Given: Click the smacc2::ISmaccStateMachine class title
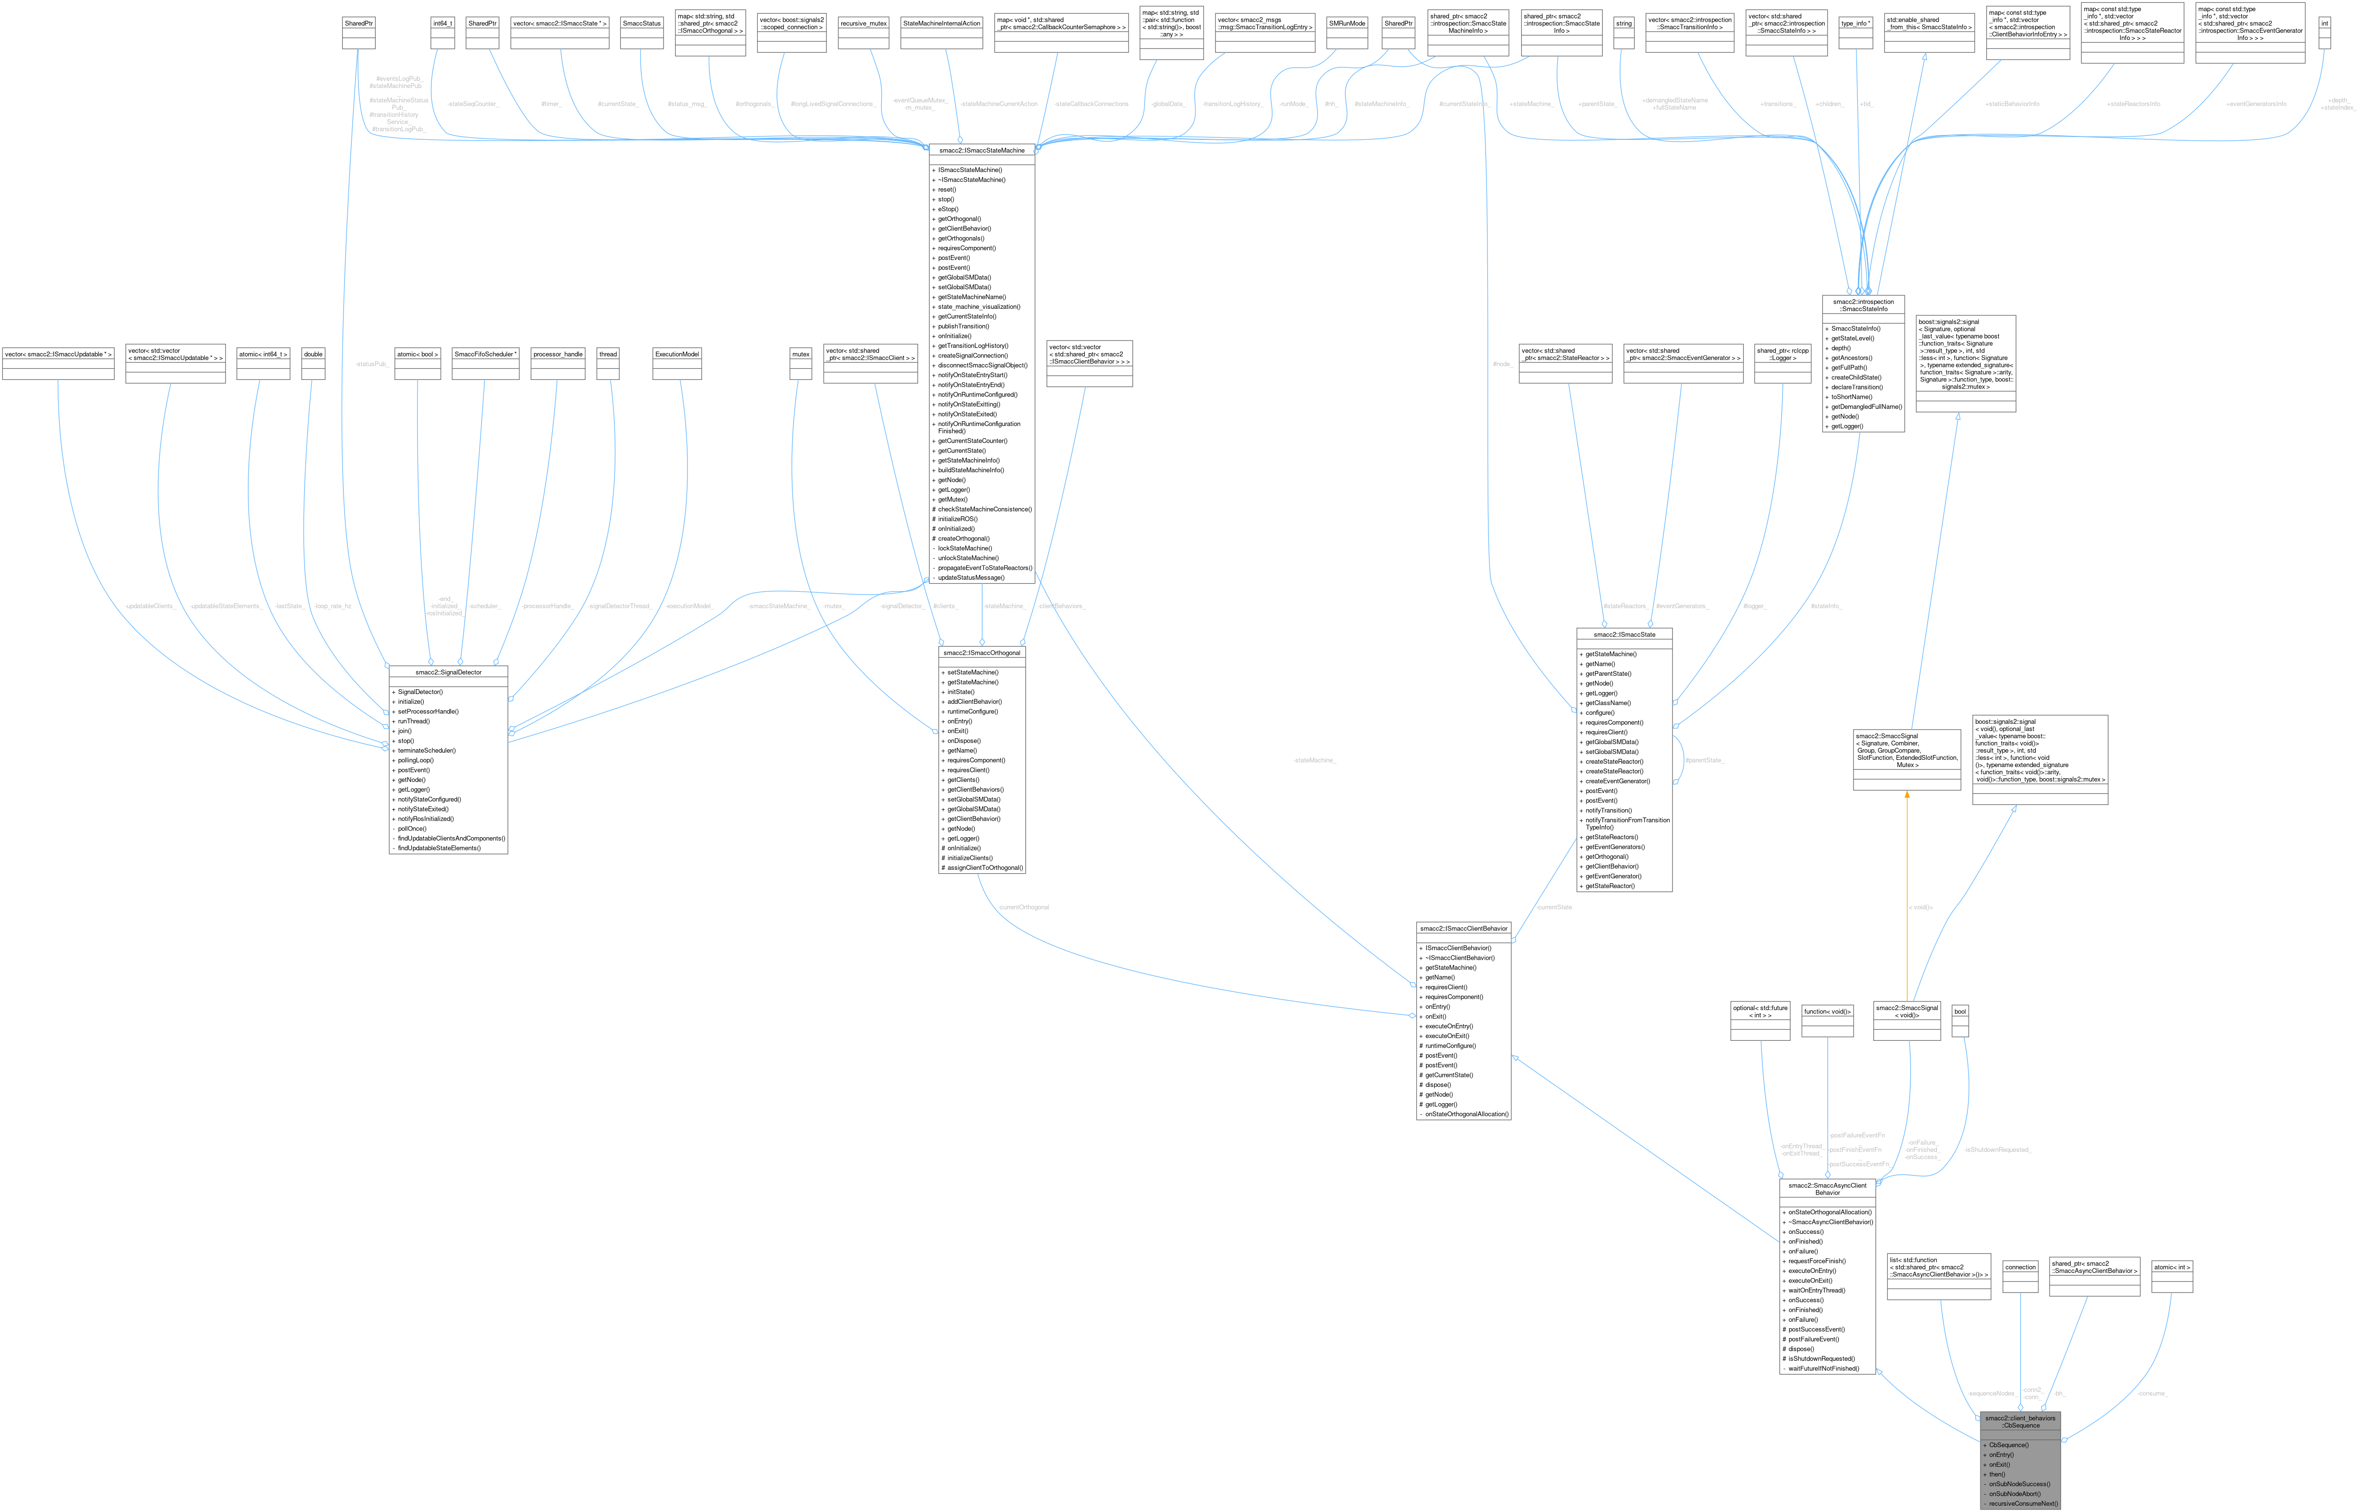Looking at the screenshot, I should pos(981,150).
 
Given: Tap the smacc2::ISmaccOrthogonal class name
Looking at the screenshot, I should pos(981,653).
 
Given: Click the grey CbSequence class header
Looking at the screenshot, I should pos(2019,1422).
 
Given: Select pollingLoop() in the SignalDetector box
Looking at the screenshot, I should pos(416,760).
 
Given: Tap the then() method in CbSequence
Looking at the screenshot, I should pos(1997,1474).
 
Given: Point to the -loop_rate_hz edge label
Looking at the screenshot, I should pos(332,606).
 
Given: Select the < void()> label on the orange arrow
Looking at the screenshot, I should pos(1920,907).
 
